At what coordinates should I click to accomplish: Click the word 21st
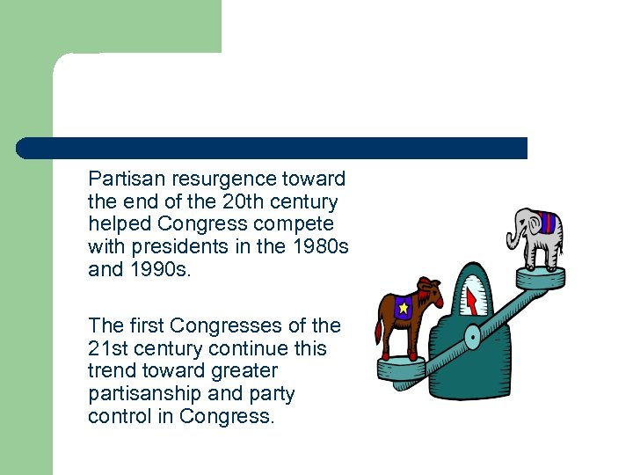tap(109, 348)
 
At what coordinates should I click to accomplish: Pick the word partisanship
tap(148, 393)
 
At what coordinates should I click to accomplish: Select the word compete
tap(293, 224)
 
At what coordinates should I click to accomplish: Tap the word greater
tap(242, 370)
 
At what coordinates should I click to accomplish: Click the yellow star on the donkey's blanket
tap(403, 308)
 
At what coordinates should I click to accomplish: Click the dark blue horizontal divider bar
tap(273, 148)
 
